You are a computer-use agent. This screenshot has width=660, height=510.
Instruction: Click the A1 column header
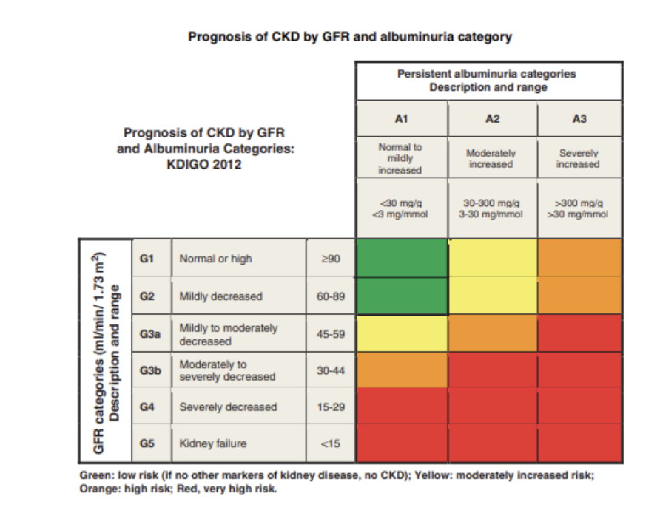point(401,118)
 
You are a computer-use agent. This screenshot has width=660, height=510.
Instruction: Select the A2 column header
point(491,118)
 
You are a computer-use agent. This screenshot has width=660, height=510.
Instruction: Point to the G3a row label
point(150,334)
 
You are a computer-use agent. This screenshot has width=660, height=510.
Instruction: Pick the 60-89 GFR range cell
point(331,296)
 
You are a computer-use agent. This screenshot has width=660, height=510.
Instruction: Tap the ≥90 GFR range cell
point(331,259)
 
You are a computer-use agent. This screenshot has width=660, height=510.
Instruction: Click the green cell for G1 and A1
point(402,258)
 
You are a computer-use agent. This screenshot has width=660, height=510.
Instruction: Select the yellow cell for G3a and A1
point(402,333)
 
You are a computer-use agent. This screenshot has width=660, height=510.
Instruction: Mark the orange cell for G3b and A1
point(402,370)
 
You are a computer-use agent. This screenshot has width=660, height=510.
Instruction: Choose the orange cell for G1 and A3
point(579,258)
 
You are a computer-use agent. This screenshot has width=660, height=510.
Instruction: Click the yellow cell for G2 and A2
point(492,296)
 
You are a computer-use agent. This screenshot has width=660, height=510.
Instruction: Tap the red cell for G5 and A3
point(579,443)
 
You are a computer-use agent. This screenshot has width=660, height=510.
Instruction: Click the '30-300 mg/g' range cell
point(491,208)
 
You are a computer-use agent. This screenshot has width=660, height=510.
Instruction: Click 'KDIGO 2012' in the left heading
point(204,165)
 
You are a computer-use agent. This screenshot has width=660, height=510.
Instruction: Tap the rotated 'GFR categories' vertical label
point(104,351)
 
